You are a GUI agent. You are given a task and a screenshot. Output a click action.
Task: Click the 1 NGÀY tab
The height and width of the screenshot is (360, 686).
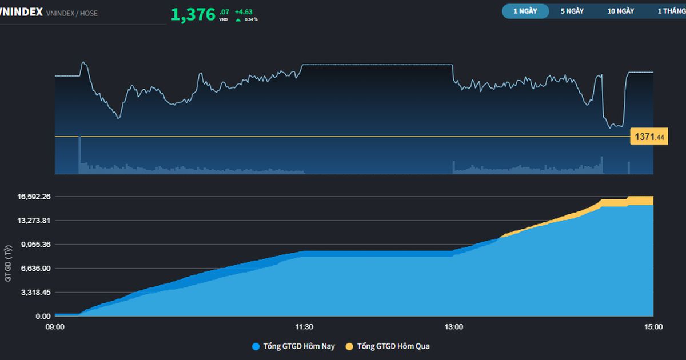tap(525, 11)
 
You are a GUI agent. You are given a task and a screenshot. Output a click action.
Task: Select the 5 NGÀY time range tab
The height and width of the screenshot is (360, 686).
tap(572, 11)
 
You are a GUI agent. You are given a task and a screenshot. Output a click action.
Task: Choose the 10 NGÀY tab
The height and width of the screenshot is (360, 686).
tap(621, 11)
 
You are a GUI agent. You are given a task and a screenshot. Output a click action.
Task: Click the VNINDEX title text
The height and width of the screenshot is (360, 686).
tap(22, 12)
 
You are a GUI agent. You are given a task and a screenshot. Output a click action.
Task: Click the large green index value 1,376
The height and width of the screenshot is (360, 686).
tap(193, 14)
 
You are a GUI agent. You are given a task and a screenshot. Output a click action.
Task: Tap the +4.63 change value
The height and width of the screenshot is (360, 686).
tap(244, 11)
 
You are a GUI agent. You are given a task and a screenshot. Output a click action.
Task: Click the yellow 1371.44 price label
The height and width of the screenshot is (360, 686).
tap(648, 137)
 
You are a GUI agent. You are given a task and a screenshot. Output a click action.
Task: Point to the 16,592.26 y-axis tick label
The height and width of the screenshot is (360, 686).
tap(35, 197)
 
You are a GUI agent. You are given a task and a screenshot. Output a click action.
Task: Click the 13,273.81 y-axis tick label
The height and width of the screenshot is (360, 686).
tap(35, 221)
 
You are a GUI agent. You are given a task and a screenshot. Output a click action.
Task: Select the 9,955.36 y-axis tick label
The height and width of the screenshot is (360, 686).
tap(35, 245)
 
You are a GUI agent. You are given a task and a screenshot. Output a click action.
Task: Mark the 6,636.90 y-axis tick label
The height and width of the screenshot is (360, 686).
tap(35, 269)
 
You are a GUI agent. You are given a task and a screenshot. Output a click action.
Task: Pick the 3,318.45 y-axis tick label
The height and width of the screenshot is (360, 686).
tap(35, 293)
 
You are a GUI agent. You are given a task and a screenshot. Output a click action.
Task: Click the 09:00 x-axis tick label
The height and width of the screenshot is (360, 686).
tap(55, 327)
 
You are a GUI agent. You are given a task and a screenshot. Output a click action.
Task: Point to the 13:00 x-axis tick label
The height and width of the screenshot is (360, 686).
tap(454, 327)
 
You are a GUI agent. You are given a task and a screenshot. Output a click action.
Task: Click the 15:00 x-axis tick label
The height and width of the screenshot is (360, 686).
tap(653, 327)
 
